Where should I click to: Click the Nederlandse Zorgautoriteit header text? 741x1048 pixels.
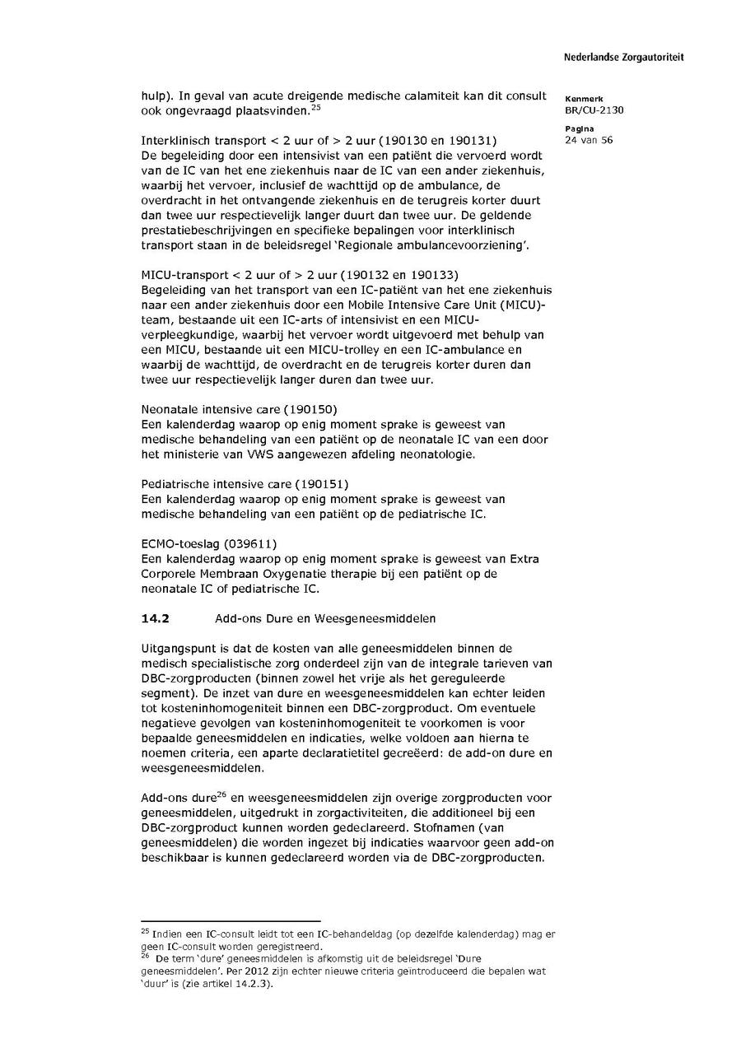click(x=623, y=58)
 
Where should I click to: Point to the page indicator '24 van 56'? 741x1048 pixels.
click(x=589, y=140)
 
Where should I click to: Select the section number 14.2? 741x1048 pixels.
click(x=156, y=617)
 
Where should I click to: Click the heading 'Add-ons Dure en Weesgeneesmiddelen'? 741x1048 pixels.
click(x=325, y=617)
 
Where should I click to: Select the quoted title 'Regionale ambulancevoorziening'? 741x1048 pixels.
click(x=444, y=245)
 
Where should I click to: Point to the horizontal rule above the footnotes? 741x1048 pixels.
click(x=231, y=921)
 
